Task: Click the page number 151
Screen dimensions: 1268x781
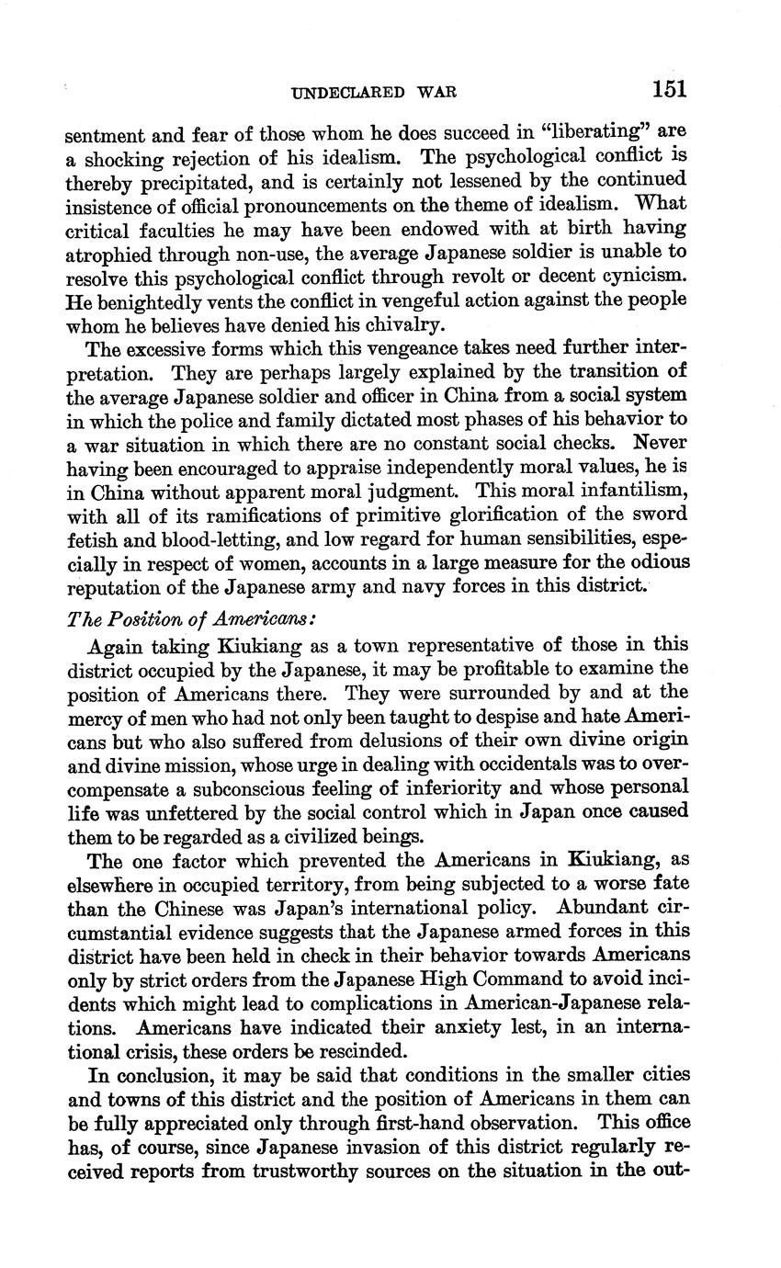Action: pos(670,89)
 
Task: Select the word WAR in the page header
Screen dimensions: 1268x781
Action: pos(436,92)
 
